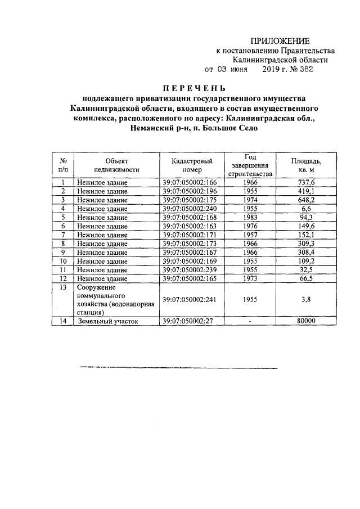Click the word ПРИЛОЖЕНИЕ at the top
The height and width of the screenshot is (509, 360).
tap(280, 41)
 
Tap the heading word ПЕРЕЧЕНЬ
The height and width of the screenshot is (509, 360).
tap(193, 88)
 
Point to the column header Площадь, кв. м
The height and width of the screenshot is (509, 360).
tap(306, 164)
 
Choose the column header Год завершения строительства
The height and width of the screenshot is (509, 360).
tap(250, 164)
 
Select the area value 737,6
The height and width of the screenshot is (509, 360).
tap(306, 183)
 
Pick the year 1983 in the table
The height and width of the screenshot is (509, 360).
tap(250, 217)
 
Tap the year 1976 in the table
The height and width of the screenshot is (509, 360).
tap(250, 226)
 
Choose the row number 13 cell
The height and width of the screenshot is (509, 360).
tap(63, 287)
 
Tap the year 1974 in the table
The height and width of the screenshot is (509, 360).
tap(250, 200)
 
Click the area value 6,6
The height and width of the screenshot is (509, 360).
tap(306, 209)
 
